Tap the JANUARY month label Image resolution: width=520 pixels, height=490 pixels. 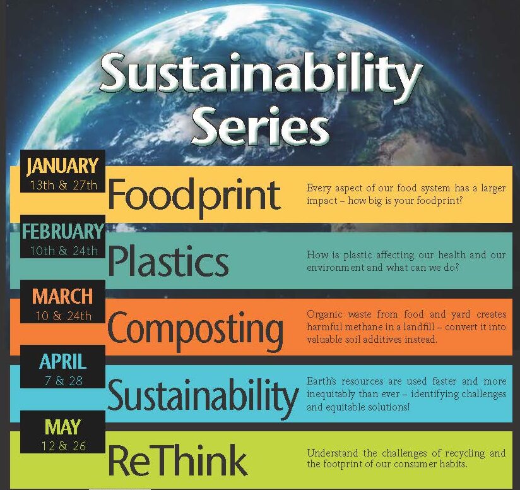coord(63,166)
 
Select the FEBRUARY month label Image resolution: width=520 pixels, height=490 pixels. coord(62,232)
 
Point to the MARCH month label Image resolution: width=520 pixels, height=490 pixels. coord(62,296)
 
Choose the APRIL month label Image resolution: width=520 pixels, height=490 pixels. coord(62,362)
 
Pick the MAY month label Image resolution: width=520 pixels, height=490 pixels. coord(62,427)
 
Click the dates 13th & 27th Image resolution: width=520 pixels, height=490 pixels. coord(63,185)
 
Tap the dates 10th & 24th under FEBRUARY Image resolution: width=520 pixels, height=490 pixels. coord(63,251)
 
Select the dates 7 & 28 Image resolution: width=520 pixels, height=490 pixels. coord(62,381)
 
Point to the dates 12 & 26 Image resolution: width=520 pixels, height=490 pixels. coord(62,446)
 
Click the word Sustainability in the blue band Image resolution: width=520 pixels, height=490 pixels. coord(203,396)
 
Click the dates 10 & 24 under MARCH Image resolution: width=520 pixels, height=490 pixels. coord(62,316)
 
